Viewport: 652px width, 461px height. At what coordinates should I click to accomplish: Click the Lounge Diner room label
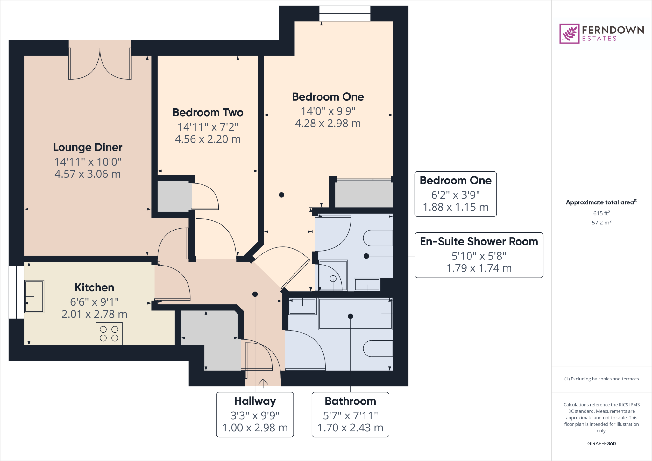(x=88, y=147)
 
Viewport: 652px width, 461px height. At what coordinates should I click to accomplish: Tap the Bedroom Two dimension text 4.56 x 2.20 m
(x=208, y=139)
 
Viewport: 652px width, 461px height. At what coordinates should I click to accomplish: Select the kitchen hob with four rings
(x=109, y=334)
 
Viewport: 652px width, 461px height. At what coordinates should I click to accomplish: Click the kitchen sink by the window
(x=34, y=296)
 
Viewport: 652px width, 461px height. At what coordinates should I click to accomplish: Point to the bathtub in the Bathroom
(x=355, y=314)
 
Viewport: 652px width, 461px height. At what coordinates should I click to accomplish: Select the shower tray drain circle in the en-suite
(x=333, y=279)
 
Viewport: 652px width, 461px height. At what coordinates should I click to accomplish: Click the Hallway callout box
(x=255, y=414)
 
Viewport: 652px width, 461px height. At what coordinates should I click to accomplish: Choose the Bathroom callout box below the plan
(x=350, y=414)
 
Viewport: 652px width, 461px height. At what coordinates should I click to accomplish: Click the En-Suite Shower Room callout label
(x=479, y=242)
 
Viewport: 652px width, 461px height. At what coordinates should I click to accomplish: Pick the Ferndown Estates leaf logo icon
(x=569, y=33)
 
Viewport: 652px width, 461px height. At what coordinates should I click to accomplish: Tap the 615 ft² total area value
(x=601, y=213)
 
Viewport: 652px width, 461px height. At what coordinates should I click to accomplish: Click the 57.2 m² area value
(x=601, y=223)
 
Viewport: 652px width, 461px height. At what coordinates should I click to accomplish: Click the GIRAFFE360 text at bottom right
(x=601, y=443)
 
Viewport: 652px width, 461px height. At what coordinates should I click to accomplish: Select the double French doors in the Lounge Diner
(x=100, y=60)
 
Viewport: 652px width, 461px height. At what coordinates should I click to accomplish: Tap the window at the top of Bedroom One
(x=345, y=13)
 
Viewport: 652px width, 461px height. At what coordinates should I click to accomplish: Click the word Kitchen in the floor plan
(x=94, y=287)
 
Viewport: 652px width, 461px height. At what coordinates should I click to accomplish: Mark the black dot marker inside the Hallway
(x=255, y=294)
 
